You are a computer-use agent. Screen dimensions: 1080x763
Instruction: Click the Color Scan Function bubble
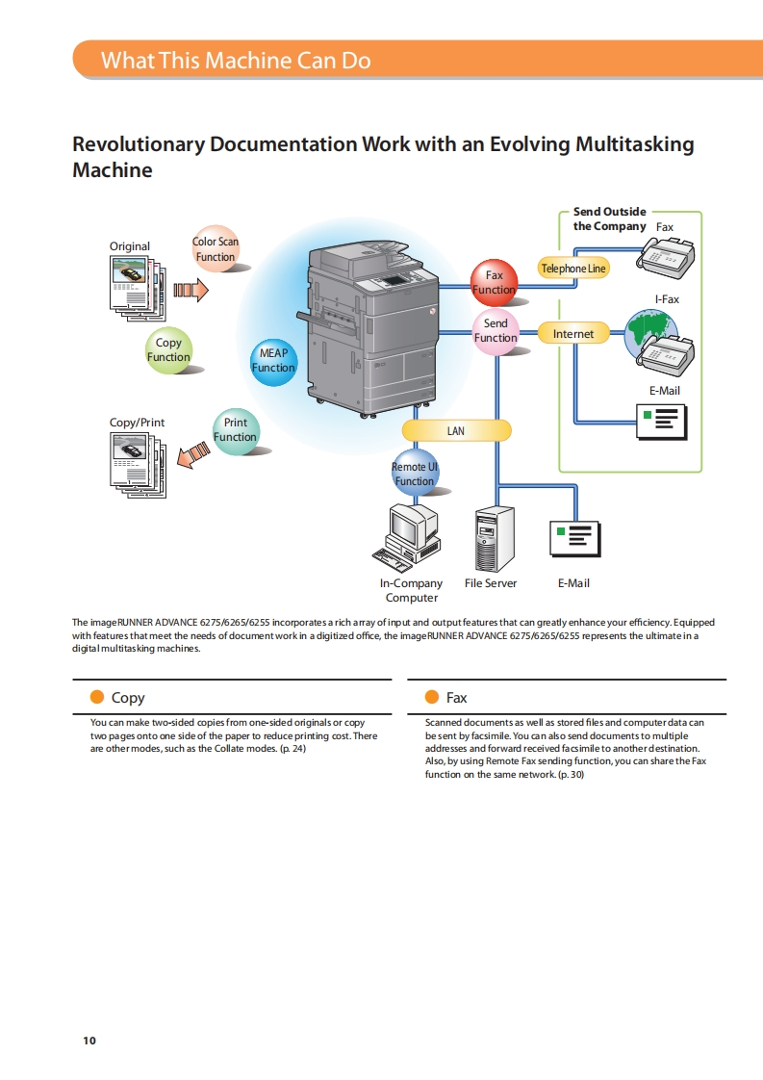[216, 249]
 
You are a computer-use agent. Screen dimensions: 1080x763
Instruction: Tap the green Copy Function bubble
[168, 350]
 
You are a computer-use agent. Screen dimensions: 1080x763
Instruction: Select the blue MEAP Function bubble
[273, 361]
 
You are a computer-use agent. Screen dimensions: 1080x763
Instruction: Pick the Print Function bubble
[235, 430]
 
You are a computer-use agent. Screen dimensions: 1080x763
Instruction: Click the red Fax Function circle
[494, 282]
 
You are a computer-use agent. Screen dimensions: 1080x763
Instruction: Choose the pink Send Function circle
[496, 331]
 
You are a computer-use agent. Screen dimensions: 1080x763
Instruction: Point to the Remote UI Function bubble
[415, 474]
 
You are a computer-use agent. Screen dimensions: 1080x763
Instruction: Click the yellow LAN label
[456, 430]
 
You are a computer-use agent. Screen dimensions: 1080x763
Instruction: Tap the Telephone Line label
[572, 269]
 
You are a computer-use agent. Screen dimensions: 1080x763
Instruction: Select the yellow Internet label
[573, 333]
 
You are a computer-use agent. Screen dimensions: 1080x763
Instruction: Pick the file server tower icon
[495, 539]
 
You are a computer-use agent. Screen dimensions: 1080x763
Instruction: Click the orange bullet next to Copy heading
[96, 697]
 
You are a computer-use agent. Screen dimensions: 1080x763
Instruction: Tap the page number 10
[89, 1041]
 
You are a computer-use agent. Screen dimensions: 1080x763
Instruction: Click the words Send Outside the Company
[610, 219]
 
